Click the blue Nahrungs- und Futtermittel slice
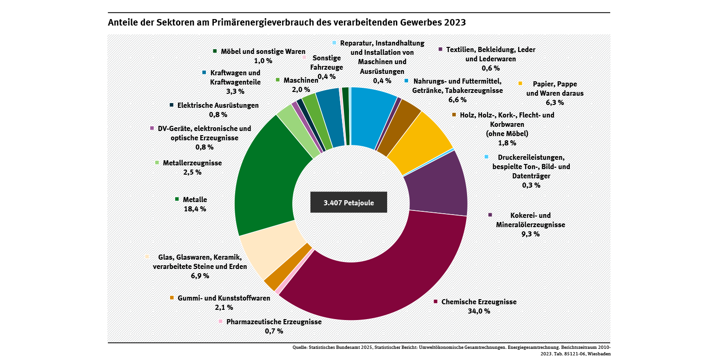[372, 116]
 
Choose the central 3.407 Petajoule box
[349, 203]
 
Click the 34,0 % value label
[479, 311]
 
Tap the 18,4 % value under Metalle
[195, 209]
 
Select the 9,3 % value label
[530, 234]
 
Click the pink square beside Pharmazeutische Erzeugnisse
[221, 321]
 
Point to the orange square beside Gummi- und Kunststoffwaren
[172, 298]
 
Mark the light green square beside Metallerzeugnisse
[157, 163]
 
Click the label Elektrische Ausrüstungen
[218, 105]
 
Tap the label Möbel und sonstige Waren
[263, 51]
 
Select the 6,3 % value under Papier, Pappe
[554, 102]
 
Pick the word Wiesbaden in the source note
[600, 354]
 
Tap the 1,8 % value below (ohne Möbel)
[507, 143]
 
